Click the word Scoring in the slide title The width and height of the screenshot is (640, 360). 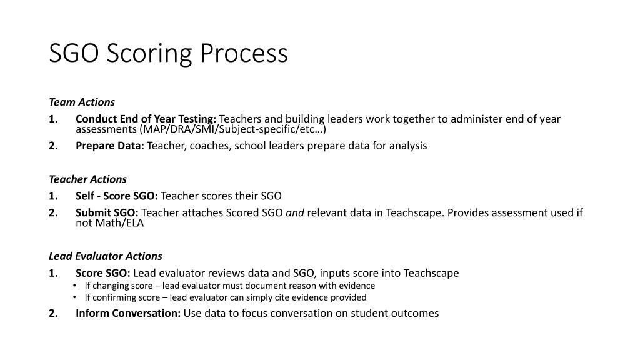pyautogui.click(x=150, y=54)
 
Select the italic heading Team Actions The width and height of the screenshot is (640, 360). pyautogui.click(x=82, y=102)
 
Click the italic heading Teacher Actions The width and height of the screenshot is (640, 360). pyautogui.click(x=87, y=179)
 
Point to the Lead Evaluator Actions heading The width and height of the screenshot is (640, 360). pyautogui.click(x=105, y=256)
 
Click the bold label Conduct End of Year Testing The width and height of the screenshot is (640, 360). pyautogui.click(x=146, y=119)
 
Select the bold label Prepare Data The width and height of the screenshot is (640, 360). pyautogui.click(x=110, y=146)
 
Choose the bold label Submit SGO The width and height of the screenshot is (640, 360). pyautogui.click(x=107, y=212)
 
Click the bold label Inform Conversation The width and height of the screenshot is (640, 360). pyautogui.click(x=128, y=313)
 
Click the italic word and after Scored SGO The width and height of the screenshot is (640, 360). pyautogui.click(x=295, y=212)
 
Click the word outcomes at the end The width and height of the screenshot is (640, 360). pyautogui.click(x=416, y=313)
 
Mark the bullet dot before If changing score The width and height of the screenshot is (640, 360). pyautogui.click(x=75, y=286)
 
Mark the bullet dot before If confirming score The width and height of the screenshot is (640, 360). pyautogui.click(x=75, y=297)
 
